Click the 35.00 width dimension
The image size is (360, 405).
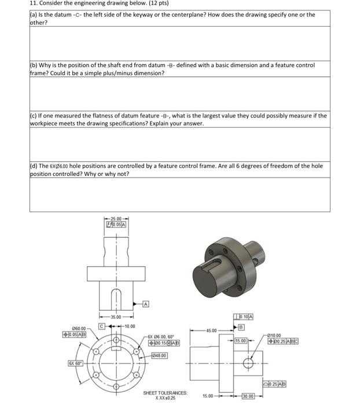coord(115,316)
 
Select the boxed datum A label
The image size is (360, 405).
coord(145,303)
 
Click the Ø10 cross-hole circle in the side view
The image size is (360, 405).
coord(248,364)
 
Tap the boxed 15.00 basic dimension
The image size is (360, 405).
coord(241,341)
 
